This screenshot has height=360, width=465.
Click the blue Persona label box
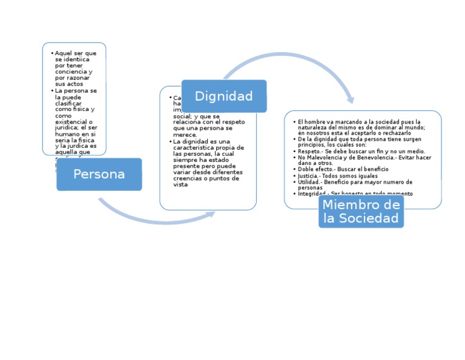(99, 175)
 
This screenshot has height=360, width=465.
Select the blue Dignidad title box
(224, 96)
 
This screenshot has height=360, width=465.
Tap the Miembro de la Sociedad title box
(361, 212)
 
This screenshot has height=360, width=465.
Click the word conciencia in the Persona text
(70, 72)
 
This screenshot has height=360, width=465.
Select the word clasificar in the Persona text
(68, 103)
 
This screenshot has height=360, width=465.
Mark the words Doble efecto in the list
(313, 170)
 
